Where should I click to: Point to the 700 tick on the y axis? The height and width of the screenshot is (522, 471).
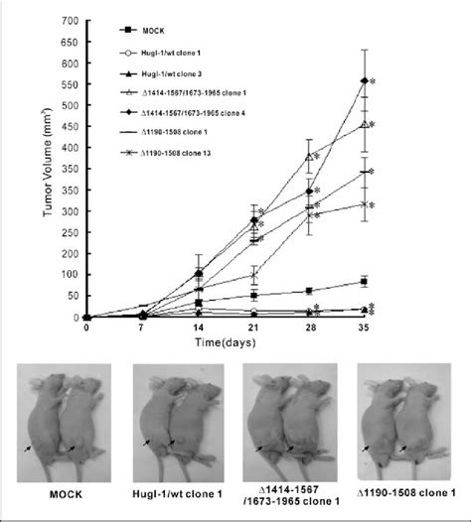click(x=69, y=20)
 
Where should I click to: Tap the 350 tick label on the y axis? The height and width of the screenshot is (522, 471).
click(x=69, y=169)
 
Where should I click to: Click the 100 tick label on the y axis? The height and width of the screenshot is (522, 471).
click(x=69, y=275)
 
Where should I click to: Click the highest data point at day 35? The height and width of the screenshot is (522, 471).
click(x=368, y=80)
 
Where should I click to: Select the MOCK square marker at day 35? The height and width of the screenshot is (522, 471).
click(x=368, y=282)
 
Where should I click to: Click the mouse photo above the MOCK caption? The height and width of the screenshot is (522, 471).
click(x=62, y=423)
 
